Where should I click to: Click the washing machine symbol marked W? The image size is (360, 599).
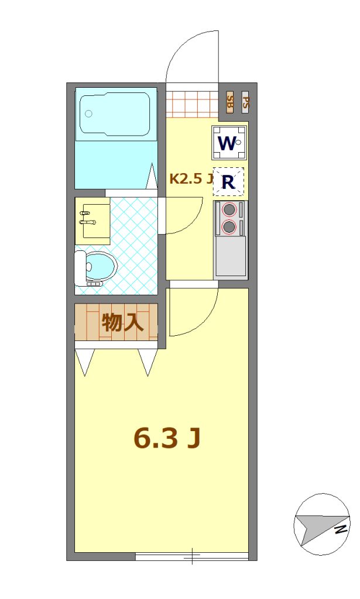pyautogui.click(x=229, y=143)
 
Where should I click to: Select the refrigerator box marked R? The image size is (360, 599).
pyautogui.click(x=228, y=182)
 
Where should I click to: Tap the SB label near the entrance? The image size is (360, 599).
pyautogui.click(x=229, y=102)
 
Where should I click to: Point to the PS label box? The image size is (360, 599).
pyautogui.click(x=245, y=102)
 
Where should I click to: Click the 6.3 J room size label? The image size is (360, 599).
pyautogui.click(x=167, y=439)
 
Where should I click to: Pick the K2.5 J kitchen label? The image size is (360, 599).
pyautogui.click(x=191, y=180)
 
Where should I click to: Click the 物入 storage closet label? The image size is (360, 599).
pyautogui.click(x=122, y=323)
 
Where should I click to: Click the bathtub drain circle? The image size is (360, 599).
pyautogui.click(x=88, y=113)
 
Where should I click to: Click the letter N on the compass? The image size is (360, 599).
pyautogui.click(x=341, y=530)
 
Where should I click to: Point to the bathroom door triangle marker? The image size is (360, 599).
pyautogui.click(x=152, y=175)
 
